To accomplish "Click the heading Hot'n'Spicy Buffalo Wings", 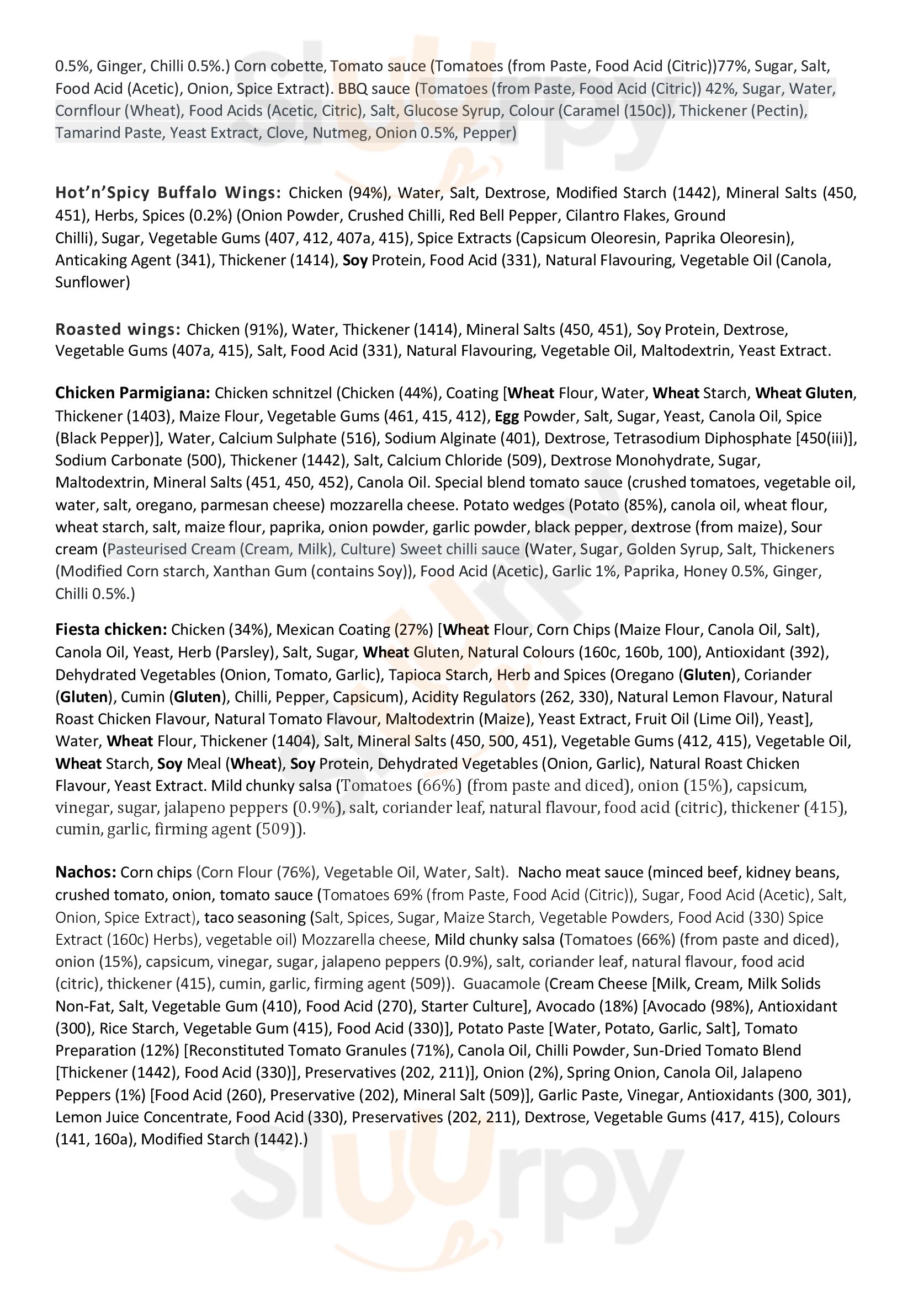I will pyautogui.click(x=168, y=193).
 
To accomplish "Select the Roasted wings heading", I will pyautogui.click(x=118, y=329).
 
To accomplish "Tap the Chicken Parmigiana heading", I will pyautogui.click(x=132, y=393).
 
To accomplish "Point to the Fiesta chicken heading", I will pyautogui.click(x=111, y=630).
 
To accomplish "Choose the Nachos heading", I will pyautogui.click(x=86, y=873).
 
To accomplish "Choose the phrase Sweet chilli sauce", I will pyautogui.click(x=460, y=549).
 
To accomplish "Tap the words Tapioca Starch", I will pyautogui.click(x=438, y=675).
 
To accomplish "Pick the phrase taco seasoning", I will pyautogui.click(x=254, y=918).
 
